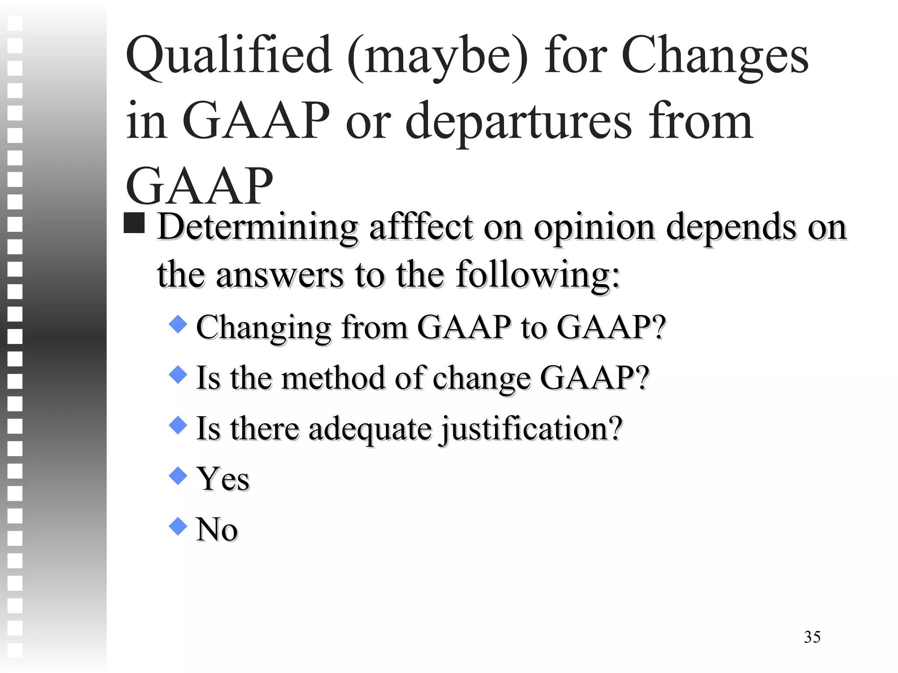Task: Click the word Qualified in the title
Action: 228,56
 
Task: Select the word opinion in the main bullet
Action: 594,228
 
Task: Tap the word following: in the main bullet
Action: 538,275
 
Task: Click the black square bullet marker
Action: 134,223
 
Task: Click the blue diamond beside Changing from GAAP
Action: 178,325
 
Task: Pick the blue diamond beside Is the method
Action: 178,375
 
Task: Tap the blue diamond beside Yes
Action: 178,476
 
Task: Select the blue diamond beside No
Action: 178,526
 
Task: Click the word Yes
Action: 223,479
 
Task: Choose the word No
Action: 217,529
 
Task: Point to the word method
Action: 333,378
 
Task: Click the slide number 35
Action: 812,637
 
